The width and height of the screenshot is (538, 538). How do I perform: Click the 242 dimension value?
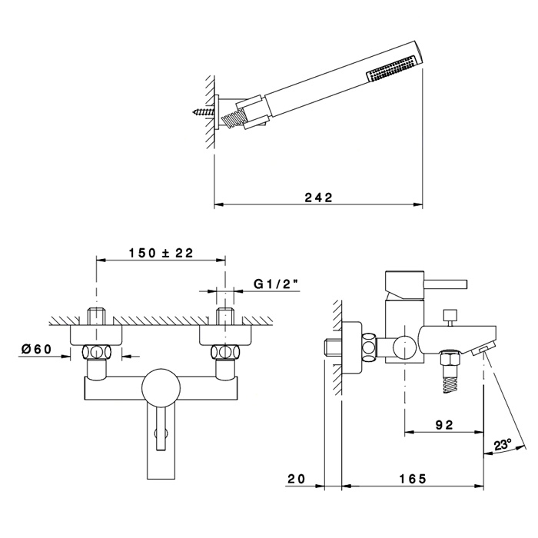[317, 198]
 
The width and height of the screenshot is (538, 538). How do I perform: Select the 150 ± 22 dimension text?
[161, 253]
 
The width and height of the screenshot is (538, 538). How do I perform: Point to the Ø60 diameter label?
[36, 349]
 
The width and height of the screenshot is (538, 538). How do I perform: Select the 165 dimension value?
[412, 479]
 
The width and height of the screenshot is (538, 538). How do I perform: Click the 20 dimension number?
[297, 479]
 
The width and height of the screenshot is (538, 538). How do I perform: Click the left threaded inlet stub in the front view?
[96, 316]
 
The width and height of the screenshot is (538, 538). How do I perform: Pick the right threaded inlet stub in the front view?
[225, 316]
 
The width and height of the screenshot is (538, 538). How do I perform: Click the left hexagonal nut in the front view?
[96, 353]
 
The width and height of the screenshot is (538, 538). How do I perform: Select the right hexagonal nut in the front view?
[225, 353]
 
